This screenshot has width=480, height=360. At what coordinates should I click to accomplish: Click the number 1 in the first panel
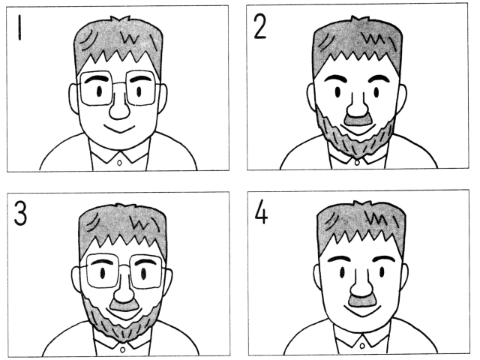click(x=19, y=28)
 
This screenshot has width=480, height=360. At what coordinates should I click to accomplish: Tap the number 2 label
click(x=260, y=26)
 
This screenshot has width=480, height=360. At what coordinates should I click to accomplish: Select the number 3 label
click(x=20, y=213)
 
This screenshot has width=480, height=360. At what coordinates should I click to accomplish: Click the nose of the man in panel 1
click(x=119, y=108)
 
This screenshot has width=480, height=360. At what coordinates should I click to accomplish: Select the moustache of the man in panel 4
click(x=362, y=301)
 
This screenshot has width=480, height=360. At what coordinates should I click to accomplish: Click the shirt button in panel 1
click(x=120, y=163)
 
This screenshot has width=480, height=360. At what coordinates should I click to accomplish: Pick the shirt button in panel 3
click(x=122, y=349)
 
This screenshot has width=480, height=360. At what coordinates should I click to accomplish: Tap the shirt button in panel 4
click(x=362, y=346)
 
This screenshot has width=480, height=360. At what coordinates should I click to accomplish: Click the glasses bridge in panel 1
click(x=119, y=83)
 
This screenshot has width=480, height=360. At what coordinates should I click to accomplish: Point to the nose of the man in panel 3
click(x=124, y=291)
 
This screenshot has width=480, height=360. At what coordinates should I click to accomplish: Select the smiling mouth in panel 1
click(x=119, y=129)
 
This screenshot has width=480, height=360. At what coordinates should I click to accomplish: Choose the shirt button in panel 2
click(x=357, y=163)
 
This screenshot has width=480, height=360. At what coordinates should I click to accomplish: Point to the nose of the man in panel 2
click(x=357, y=105)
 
